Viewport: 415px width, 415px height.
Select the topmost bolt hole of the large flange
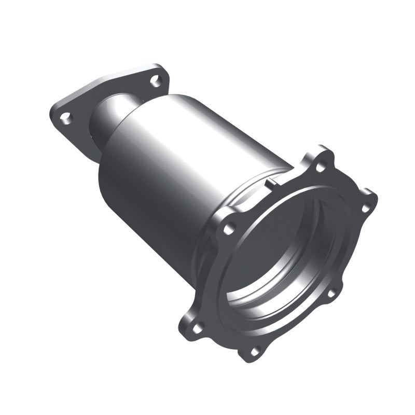click(x=321, y=167)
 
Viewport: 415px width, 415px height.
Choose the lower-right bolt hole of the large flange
click(x=329, y=293)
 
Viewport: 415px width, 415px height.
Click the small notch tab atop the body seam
click(x=270, y=183)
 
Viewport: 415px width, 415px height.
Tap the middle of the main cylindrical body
click(x=171, y=166)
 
